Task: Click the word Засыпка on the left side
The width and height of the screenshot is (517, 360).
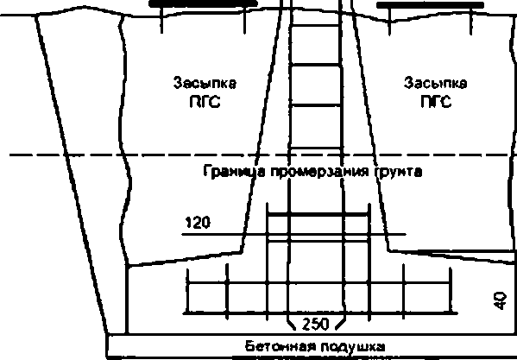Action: click(x=205, y=83)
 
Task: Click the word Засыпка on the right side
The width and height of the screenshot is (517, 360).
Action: click(x=436, y=83)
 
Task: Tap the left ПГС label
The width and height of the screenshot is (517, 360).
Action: click(x=205, y=102)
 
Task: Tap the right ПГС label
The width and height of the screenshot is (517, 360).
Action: click(x=436, y=102)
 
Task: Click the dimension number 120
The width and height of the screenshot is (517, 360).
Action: click(x=198, y=224)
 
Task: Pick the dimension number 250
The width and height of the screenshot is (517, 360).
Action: click(x=316, y=325)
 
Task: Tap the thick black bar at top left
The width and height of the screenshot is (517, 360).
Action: click(x=203, y=4)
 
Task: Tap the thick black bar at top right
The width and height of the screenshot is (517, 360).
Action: click(x=431, y=5)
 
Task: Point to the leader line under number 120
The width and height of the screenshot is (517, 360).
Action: click(x=294, y=235)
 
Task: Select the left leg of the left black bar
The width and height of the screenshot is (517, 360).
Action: click(x=161, y=20)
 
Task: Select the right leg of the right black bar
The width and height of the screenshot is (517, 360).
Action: click(x=471, y=22)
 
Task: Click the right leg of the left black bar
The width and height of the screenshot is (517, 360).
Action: click(x=244, y=20)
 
